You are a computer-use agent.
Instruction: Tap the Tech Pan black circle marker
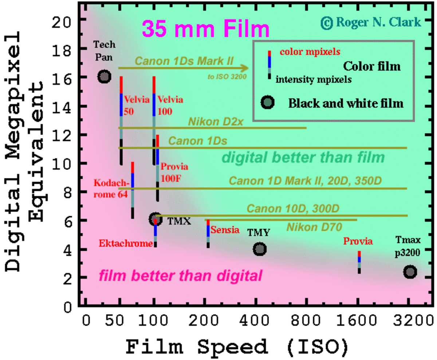point(105,77)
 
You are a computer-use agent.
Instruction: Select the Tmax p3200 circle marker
point(410,272)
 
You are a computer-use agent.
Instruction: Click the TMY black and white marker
point(260,249)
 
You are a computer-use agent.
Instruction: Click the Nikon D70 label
point(314,228)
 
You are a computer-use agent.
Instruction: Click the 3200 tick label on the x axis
point(410,321)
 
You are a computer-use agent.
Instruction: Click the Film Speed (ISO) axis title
point(237,346)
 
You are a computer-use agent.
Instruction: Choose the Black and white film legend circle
point(268,103)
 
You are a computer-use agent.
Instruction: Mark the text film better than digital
point(180,276)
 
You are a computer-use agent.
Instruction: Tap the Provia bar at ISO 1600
point(359,262)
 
